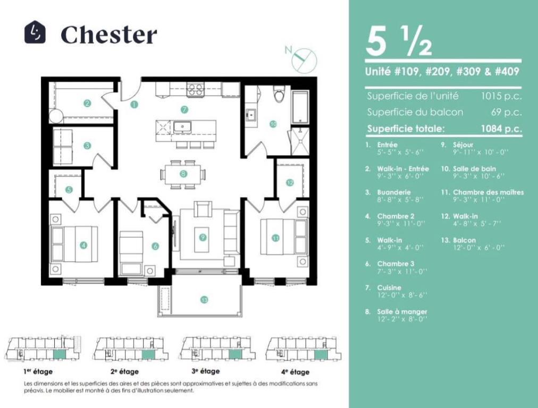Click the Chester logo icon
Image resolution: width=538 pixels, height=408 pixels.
coord(35,32)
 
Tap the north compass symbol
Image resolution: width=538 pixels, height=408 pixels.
coord(301,58)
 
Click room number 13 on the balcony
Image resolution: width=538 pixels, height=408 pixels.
coord(204,300)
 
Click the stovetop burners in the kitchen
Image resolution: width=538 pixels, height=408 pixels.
coord(195,90)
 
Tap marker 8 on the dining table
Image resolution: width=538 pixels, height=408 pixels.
coord(183,174)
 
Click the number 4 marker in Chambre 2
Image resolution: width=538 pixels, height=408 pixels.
coord(83,245)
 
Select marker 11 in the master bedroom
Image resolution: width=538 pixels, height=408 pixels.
coord(275,237)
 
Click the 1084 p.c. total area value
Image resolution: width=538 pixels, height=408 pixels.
coord(501,129)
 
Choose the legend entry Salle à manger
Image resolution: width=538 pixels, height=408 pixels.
coord(402,312)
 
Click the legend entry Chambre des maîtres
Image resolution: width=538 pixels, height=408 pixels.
coord(488,192)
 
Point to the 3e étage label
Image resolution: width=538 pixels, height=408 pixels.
coord(206,371)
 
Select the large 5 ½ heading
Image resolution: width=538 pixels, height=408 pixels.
coord(399,42)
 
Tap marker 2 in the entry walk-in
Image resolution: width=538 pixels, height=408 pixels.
coord(88,103)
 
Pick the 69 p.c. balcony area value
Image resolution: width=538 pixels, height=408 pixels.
coord(506,112)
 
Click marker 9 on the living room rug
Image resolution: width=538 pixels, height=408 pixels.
coord(203,237)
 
